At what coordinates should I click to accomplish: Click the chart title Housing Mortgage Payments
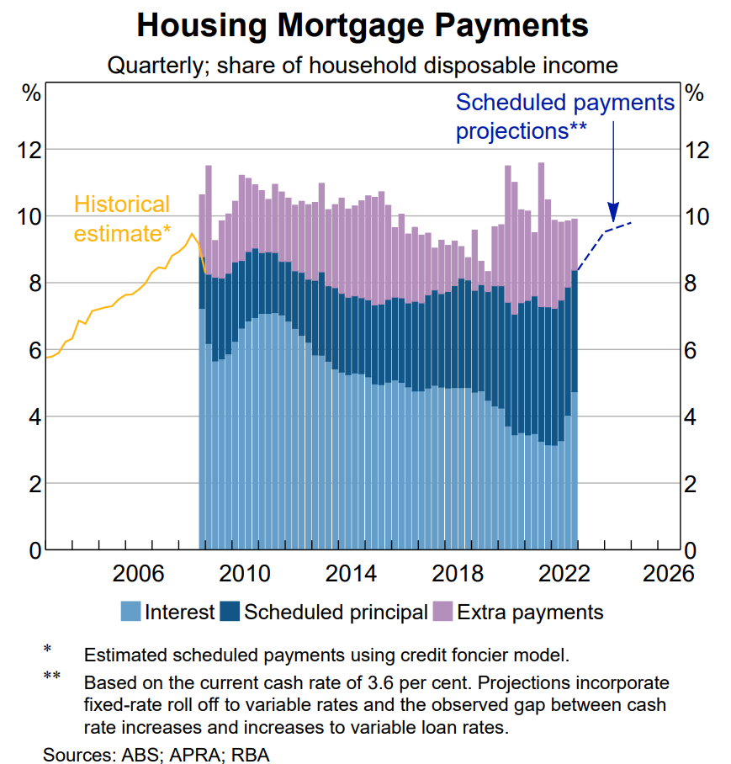[363, 25]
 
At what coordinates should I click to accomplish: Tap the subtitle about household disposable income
[363, 65]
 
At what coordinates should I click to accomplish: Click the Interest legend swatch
[130, 612]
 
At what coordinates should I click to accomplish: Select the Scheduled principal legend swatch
[230, 612]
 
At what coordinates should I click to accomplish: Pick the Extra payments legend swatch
[442, 612]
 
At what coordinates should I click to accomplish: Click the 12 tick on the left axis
[29, 151]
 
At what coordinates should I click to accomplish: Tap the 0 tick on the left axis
[34, 551]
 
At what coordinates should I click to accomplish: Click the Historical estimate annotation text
[122, 219]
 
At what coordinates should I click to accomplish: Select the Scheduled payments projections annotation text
[564, 117]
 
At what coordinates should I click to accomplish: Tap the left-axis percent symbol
[31, 93]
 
